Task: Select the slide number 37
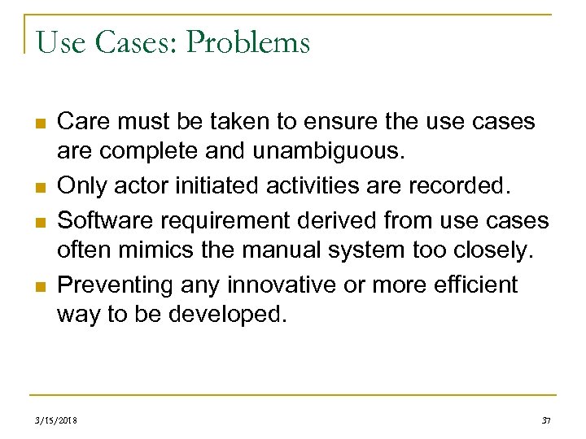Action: click(545, 420)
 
